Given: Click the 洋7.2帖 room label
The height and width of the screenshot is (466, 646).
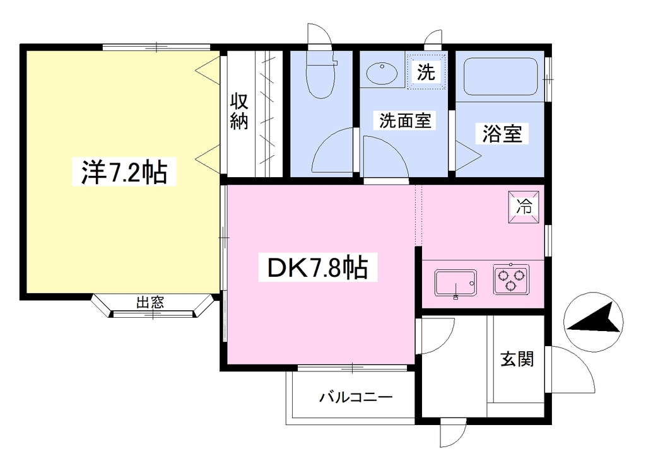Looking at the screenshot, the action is coord(124,172).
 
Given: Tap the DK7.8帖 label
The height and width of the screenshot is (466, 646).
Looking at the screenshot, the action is coord(317,267).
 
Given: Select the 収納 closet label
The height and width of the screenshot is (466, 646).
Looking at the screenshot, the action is coord(239,111).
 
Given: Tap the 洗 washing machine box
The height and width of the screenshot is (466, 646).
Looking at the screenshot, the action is coord(426,71).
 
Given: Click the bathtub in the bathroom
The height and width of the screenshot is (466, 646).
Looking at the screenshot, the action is coord(500,77).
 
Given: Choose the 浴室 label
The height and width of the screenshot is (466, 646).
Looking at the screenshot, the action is coord(502,134).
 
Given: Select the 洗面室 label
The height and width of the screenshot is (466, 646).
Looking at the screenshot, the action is coord(404,120).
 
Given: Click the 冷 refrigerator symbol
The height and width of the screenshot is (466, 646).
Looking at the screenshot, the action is coord(524,207).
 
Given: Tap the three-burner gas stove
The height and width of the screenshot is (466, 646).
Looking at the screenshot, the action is coord(511,279).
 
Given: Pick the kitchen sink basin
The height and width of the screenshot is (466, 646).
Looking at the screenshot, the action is coord(455,283).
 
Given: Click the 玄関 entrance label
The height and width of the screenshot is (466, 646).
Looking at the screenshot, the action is coord(517,359).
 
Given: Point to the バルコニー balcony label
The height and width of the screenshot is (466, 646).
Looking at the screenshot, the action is coord(356,397).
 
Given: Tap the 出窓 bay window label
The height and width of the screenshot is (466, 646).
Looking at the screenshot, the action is coord(150,302).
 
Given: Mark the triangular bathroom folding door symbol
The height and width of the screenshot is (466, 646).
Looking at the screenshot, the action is coord(468,156).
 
